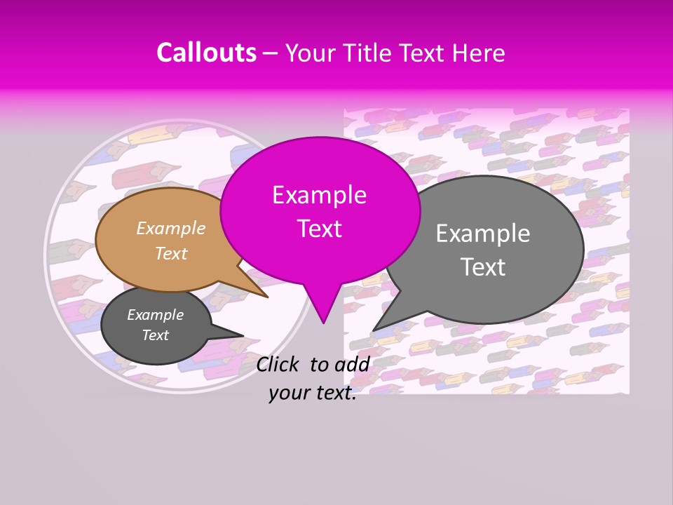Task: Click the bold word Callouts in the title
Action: [206, 53]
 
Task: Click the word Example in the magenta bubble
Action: [320, 195]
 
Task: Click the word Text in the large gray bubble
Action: [483, 267]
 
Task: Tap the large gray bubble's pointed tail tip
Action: [374, 330]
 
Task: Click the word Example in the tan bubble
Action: [170, 229]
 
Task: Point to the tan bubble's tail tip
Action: [267, 297]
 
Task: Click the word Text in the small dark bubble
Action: [155, 335]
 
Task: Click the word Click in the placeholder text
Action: [279, 364]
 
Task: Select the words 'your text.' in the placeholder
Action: [313, 393]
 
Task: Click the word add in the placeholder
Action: [352, 364]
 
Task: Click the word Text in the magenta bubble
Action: [320, 229]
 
